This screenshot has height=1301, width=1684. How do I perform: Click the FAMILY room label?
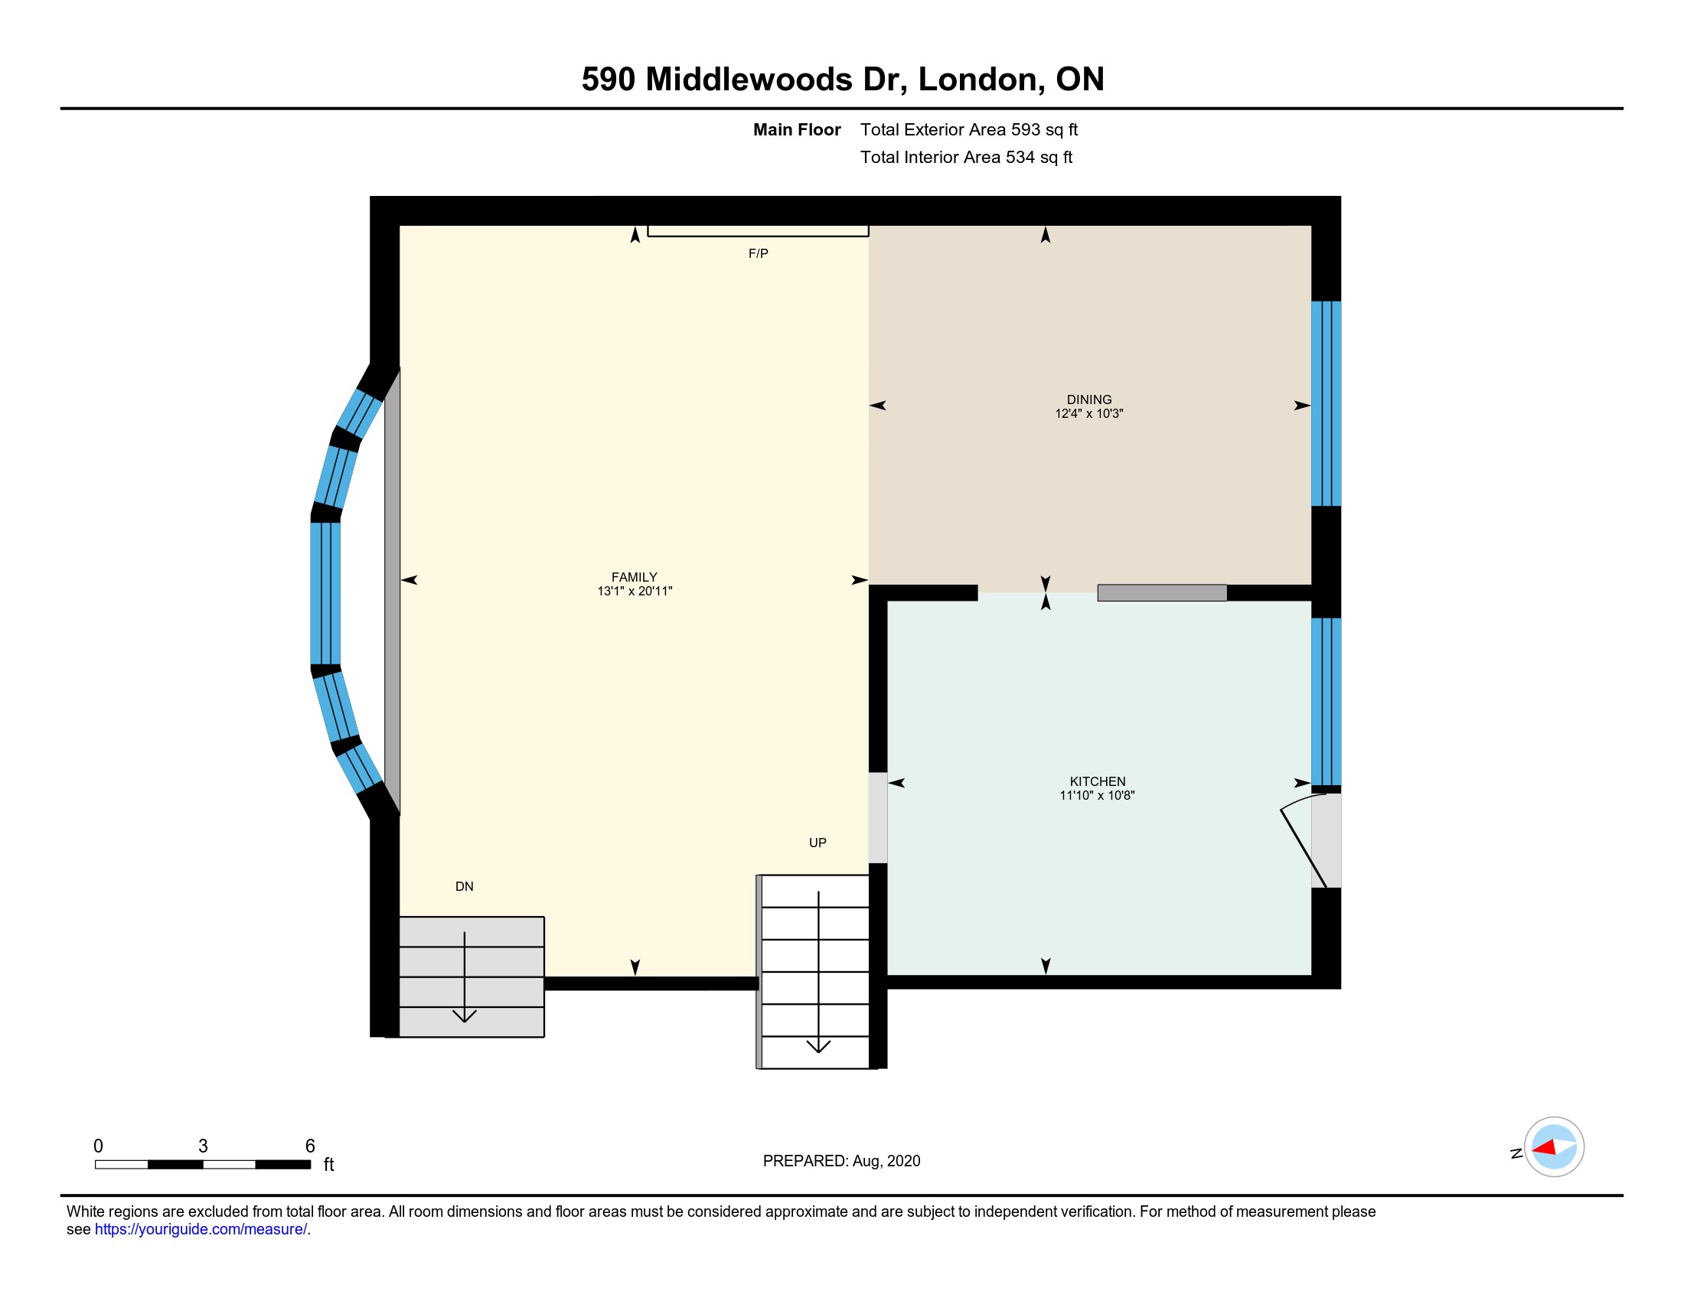(634, 576)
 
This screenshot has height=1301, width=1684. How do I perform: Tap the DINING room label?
(1088, 399)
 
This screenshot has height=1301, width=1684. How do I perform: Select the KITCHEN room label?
(1097, 781)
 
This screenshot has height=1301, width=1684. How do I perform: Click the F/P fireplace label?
(758, 253)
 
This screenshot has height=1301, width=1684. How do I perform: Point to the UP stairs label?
(818, 843)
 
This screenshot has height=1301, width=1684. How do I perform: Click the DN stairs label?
(464, 886)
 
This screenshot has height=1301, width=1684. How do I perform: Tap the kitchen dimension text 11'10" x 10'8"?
(1096, 795)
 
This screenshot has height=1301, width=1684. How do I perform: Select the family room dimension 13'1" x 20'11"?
(635, 591)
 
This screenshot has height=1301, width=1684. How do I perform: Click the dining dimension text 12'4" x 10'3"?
(1088, 414)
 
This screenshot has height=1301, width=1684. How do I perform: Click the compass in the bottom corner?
(1554, 1147)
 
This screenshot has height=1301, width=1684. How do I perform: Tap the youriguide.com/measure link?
(201, 1229)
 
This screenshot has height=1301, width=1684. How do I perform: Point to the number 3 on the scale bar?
(203, 1146)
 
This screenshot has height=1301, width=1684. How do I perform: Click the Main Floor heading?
(797, 129)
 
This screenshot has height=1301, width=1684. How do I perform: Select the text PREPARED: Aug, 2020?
(841, 1161)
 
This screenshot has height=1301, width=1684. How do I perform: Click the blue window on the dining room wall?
(1327, 403)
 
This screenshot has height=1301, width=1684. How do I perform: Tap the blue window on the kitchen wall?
(1327, 701)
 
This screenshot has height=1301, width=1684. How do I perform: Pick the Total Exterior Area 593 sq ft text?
(968, 129)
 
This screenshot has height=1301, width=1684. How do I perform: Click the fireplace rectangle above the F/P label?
(758, 230)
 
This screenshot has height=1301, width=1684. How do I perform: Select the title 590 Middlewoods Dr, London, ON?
(843, 80)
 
